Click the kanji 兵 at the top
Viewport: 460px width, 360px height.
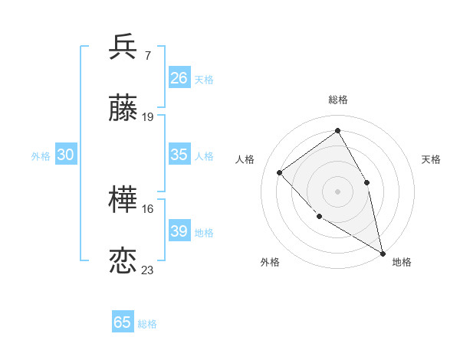point(123,47)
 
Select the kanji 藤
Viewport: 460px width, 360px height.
point(123,110)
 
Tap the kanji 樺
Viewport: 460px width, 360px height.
point(123,201)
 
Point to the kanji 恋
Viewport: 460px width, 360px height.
point(123,261)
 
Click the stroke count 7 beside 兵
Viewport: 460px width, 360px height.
point(147,55)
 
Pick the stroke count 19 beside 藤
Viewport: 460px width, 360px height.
point(148,117)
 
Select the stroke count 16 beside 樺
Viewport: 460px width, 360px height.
point(148,208)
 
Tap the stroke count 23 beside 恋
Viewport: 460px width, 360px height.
point(148,270)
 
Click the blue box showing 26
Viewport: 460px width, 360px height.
point(179,78)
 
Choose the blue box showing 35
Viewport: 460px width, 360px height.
point(179,155)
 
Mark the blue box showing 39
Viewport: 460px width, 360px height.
point(179,231)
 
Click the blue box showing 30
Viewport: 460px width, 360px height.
point(66,155)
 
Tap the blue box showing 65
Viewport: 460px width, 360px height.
point(123,322)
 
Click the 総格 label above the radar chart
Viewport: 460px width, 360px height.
point(338,100)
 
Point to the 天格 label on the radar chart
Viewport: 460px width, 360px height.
point(431,159)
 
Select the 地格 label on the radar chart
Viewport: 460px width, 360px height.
point(402,262)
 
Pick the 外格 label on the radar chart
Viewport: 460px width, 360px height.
point(270,262)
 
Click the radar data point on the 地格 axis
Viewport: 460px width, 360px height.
point(383,252)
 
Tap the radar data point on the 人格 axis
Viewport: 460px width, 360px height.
point(280,172)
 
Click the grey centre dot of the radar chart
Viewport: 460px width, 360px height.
point(337,191)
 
